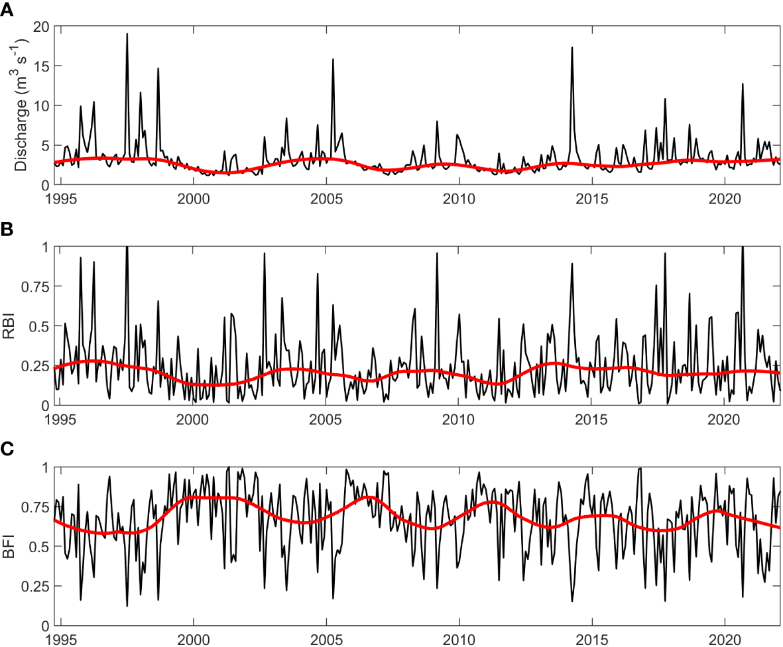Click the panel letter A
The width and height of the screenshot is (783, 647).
tap(6, 9)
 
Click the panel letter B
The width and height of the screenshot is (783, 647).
tap(6, 230)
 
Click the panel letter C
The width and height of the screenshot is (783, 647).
tap(6, 450)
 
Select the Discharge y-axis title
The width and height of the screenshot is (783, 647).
tap(22, 105)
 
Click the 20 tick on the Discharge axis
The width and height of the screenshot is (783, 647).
tap(42, 27)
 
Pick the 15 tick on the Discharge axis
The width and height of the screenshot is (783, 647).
tap(42, 66)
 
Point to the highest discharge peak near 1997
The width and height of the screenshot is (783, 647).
tap(127, 34)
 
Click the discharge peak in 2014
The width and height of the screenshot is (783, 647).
tap(572, 47)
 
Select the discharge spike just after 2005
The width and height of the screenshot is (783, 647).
tap(333, 59)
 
